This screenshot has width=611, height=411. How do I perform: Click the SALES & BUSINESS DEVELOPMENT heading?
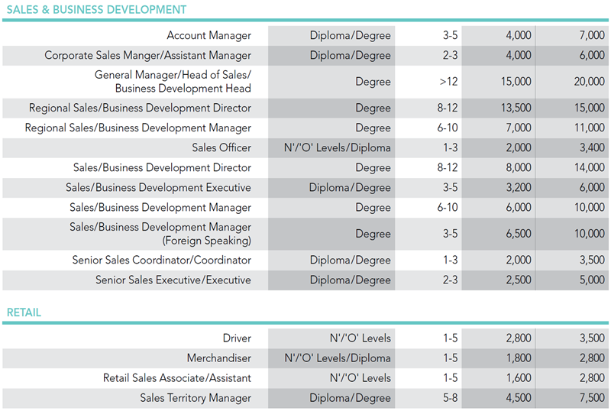coord(96,10)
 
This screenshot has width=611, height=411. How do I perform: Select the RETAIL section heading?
coord(24,312)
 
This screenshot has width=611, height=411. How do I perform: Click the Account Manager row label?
coord(209,35)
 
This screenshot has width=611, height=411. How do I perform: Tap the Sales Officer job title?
coord(221,147)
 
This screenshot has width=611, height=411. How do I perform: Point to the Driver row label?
coord(237,338)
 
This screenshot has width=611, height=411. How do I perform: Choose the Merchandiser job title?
coord(218,358)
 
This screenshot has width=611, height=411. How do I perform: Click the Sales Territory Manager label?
coord(196,397)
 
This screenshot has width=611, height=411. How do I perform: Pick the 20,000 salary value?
coord(589,82)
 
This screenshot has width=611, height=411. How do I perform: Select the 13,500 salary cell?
coord(516,108)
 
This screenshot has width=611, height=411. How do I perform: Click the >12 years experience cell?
coord(449,82)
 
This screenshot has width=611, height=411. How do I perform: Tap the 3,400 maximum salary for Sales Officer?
coord(589,147)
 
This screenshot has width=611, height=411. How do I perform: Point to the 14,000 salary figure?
coord(589,167)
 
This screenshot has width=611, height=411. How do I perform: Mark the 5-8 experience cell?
coord(450,397)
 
